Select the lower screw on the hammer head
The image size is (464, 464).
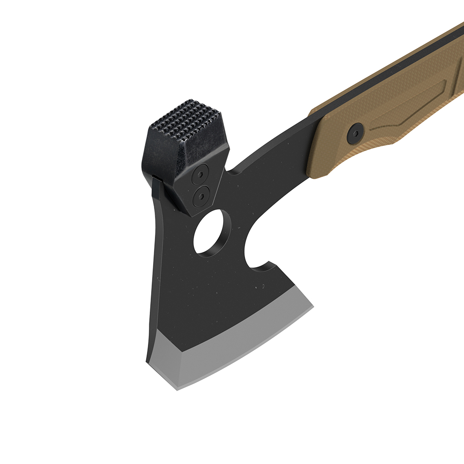click(200, 196)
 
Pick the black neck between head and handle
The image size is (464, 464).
click(274, 167)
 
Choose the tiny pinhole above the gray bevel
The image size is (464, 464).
click(263, 286)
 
